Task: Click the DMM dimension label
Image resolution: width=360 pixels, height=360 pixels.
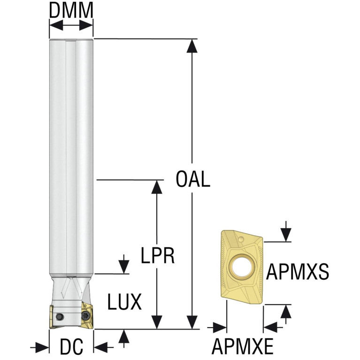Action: point(71,10)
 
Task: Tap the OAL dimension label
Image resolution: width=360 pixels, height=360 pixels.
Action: point(193,179)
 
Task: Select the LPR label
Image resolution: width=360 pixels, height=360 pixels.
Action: point(158,255)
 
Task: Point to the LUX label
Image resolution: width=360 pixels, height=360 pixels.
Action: point(124,302)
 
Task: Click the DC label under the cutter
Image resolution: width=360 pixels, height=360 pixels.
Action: point(71,346)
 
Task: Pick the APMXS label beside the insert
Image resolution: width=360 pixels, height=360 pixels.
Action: point(298,272)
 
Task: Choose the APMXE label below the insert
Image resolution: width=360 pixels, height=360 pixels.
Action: point(243,346)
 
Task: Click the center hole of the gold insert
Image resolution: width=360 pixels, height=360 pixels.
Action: point(243,267)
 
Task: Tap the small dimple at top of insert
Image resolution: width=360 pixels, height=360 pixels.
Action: point(241,239)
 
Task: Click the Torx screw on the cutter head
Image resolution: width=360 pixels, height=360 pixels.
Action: point(85,316)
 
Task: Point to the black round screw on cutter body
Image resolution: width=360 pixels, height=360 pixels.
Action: point(60,317)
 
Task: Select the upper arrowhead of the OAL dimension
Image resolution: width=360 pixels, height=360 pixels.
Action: point(192,46)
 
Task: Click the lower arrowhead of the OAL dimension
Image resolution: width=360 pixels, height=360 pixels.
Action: point(192,322)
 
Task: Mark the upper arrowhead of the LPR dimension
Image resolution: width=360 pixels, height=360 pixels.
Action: point(157,187)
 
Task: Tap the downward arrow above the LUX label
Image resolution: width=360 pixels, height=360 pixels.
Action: point(124,264)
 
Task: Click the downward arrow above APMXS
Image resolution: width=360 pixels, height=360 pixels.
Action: point(286,231)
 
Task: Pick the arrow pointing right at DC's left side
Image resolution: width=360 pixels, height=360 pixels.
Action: point(39,348)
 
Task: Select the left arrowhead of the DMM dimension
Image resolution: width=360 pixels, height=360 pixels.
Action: point(56,25)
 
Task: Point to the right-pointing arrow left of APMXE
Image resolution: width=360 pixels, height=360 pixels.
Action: point(217,328)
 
